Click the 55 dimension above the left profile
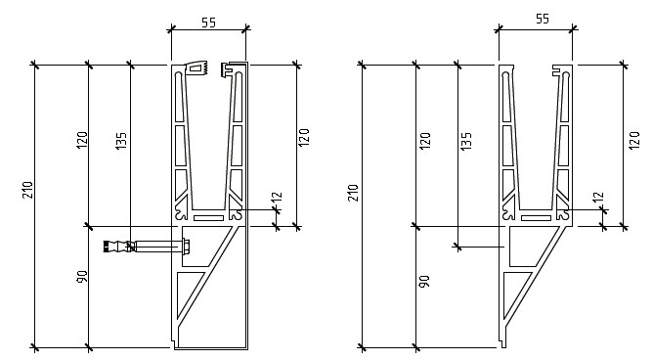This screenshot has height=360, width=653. (208, 22)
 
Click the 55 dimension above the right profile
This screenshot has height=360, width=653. (543, 19)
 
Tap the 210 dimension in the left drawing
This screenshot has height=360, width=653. (27, 190)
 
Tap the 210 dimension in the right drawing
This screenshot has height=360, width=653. (353, 193)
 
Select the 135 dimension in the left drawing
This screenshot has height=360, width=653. (120, 141)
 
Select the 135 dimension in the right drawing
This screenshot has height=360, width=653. (466, 141)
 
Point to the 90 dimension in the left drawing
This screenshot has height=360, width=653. (82, 277)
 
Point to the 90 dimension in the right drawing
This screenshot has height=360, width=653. (424, 282)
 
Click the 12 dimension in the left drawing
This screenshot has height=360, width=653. (277, 197)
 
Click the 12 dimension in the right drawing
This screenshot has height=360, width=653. (598, 197)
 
